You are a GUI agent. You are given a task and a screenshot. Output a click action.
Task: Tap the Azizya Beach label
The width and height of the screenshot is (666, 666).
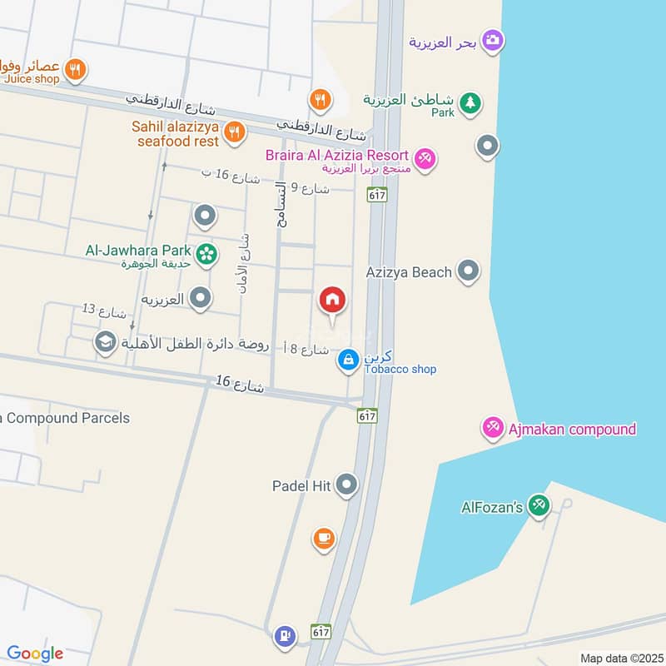coord(409,272)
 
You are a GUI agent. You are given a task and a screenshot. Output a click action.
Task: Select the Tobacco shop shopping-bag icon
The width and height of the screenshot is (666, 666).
coord(348,360)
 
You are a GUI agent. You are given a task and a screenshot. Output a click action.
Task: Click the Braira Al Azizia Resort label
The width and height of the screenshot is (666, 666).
coord(337,156)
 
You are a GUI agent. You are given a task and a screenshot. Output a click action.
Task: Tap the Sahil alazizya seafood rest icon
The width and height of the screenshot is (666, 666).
coord(235,131)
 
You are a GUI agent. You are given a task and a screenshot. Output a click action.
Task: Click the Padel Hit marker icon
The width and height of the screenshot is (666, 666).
coord(347,485)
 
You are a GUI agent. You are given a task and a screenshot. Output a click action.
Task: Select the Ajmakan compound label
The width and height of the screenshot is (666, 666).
coord(571,430)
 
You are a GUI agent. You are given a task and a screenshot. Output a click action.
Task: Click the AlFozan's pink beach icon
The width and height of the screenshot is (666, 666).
coord(539,505)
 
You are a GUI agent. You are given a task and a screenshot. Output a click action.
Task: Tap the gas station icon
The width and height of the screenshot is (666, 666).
coord(285,636)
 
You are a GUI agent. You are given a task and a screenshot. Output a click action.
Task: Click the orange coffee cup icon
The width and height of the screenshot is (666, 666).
coord(324,539)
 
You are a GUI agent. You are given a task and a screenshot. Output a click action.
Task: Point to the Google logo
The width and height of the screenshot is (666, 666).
coord(35,654)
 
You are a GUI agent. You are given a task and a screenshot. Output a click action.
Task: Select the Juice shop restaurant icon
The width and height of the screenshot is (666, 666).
coord(76,70)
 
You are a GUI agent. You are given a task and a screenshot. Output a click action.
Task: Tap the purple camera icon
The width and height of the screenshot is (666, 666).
coord(492,39)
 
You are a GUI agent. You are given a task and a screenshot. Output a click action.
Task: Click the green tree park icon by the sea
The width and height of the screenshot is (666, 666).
coord(472,102)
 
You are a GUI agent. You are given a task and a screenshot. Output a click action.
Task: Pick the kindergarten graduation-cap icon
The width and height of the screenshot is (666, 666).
coord(105,342)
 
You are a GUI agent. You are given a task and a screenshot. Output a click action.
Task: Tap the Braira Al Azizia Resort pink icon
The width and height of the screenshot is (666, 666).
coord(425,157)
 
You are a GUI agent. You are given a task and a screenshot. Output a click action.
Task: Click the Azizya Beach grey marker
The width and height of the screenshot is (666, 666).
coord(470,271)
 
